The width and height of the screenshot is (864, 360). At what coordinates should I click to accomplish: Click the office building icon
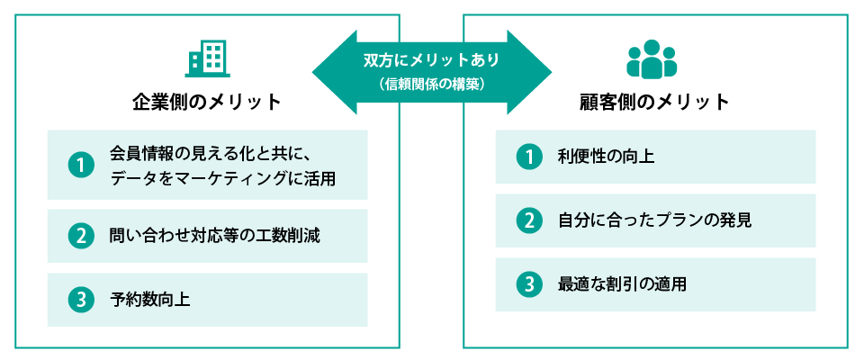tap(206, 59)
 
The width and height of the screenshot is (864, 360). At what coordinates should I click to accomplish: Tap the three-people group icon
tap(651, 59)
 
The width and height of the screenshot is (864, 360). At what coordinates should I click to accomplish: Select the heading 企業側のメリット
tap(207, 102)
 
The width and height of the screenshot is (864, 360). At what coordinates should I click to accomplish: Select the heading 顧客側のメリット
tap(654, 102)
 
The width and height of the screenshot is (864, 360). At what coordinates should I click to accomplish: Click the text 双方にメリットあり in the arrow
tap(431, 60)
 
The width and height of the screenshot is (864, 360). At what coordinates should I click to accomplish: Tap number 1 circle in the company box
tap(81, 166)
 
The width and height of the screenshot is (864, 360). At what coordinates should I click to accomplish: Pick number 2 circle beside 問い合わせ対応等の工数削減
tap(81, 236)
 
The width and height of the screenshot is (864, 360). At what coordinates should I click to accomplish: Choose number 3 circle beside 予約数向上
tap(81, 299)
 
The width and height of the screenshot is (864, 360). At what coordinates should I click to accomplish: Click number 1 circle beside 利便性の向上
tap(528, 157)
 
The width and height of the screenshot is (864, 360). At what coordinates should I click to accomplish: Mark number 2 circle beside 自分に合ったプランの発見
tap(528, 220)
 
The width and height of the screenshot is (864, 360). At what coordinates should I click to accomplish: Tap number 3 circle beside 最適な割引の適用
tap(528, 284)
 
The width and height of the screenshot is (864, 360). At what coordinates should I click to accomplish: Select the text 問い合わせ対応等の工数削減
tap(214, 236)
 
